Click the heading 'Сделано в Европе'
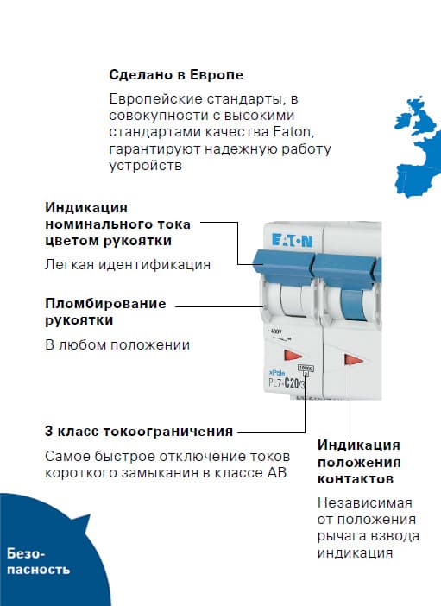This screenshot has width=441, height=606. pyautogui.click(x=176, y=74)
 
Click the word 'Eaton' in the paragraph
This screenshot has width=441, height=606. pyautogui.click(x=293, y=132)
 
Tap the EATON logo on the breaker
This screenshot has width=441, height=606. pyautogui.click(x=293, y=241)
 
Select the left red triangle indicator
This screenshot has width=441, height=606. pyautogui.click(x=293, y=355)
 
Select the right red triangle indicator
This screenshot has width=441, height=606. pyautogui.click(x=353, y=360)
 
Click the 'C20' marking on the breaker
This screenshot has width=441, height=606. pyautogui.click(x=291, y=383)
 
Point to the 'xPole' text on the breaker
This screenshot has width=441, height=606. pyautogui.click(x=277, y=373)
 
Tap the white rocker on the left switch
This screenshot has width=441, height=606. pyautogui.click(x=292, y=301)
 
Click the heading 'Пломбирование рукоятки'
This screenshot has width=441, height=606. pyautogui.click(x=105, y=312)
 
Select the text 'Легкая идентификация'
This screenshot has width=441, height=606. pyautogui.click(x=128, y=264)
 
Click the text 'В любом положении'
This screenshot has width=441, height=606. pyautogui.click(x=117, y=344)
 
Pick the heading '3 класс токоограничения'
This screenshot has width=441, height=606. pyautogui.click(x=139, y=431)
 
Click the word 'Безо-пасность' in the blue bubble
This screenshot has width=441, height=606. pyautogui.click(x=38, y=562)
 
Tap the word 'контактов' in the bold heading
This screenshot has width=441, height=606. pyautogui.click(x=356, y=479)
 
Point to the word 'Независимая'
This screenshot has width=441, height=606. pyautogui.click(x=365, y=502)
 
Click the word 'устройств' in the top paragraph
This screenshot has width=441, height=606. pyautogui.click(x=145, y=166)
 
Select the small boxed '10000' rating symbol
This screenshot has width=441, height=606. pyautogui.click(x=306, y=369)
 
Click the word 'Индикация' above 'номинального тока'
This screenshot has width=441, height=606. pyautogui.click(x=85, y=207)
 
